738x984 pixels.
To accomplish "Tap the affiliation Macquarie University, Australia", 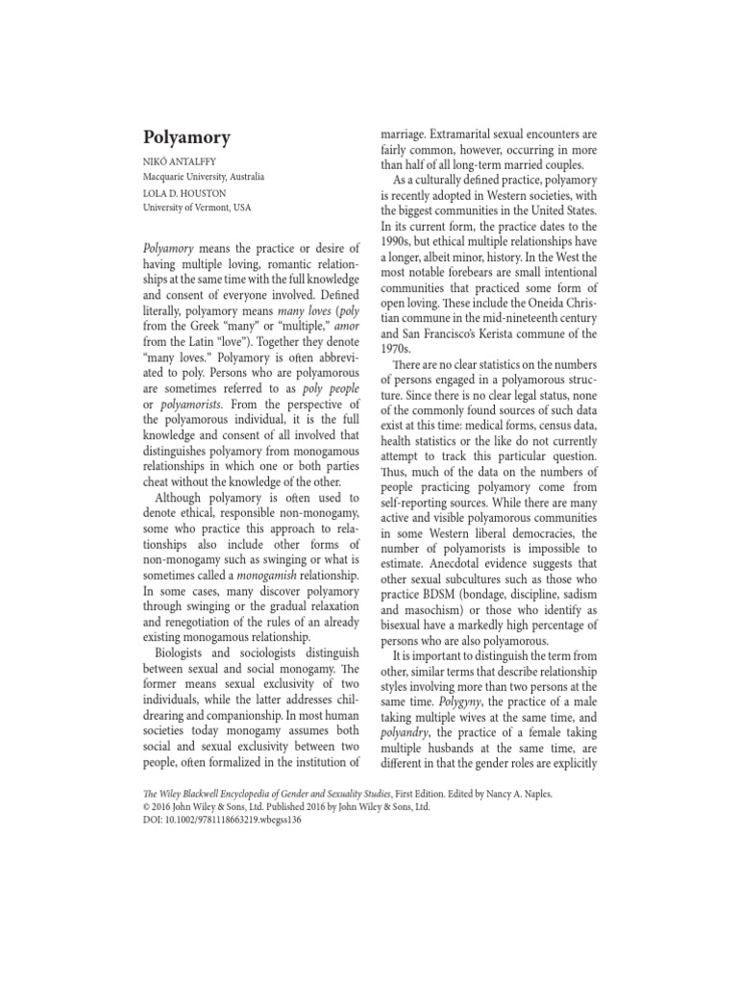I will pyautogui.click(x=204, y=177).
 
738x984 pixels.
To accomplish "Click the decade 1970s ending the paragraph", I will pyautogui.click(x=396, y=349).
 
